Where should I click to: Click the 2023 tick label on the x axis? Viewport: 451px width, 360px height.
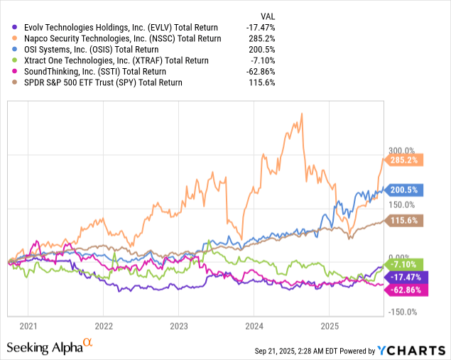[179, 326]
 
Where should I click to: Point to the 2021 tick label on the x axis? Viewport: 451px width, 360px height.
[28, 326]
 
